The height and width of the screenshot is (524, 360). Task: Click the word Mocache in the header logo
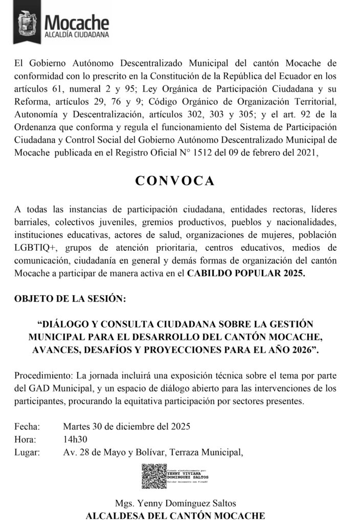77,21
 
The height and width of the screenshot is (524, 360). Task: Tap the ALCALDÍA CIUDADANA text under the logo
77,35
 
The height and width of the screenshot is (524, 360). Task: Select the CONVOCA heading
175,181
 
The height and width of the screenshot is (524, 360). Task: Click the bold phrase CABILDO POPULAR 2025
246,273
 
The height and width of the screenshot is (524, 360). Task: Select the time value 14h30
75,439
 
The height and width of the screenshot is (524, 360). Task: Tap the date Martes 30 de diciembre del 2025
127,426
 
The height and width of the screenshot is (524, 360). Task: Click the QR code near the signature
153,476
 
